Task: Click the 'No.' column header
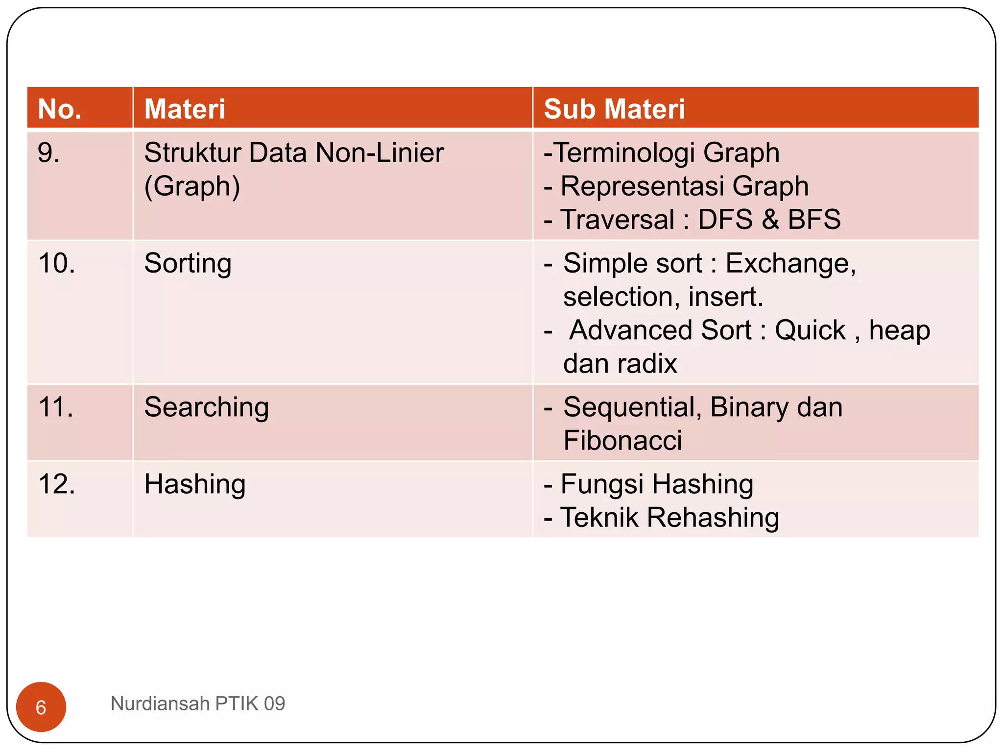(60, 109)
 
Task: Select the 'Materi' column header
(185, 109)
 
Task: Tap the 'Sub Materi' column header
(614, 109)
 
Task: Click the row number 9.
(48, 153)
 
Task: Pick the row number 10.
(57, 264)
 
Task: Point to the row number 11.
(56, 407)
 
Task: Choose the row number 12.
(57, 484)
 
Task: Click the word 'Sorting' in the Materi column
(188, 264)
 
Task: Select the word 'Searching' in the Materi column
(206, 407)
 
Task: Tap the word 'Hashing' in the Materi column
(194, 484)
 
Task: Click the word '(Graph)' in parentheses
(192, 186)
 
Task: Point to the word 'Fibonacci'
(622, 440)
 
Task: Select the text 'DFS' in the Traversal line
(725, 220)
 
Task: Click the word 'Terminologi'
(624, 153)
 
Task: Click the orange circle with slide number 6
(41, 707)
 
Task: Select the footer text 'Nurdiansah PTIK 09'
(197, 703)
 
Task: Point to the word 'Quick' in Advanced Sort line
(810, 330)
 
